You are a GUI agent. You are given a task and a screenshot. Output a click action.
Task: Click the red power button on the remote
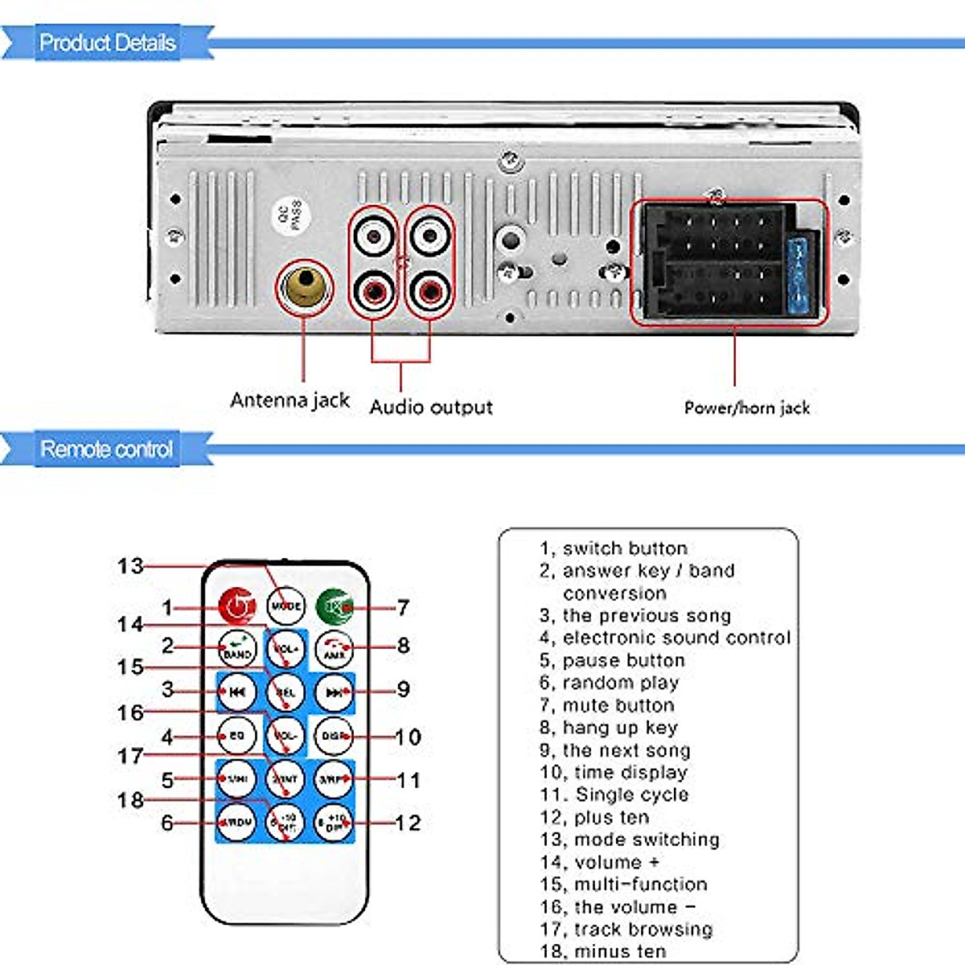236,606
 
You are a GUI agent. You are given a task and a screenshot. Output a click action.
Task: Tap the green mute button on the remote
334,606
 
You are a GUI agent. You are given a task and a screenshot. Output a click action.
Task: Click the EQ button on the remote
236,735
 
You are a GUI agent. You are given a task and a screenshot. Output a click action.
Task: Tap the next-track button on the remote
334,692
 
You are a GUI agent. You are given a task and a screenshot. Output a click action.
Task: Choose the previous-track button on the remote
236,692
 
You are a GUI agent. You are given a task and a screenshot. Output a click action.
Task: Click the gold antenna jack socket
304,285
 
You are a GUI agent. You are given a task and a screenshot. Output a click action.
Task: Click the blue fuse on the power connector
801,277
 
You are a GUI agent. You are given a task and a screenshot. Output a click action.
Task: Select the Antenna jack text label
289,400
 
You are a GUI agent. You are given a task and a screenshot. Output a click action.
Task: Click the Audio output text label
431,407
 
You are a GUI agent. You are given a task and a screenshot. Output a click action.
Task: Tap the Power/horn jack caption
746,408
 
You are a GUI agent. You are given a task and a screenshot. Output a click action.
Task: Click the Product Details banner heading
107,43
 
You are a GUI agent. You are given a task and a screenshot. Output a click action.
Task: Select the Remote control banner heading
106,449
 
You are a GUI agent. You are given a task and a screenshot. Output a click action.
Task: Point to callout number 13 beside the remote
129,566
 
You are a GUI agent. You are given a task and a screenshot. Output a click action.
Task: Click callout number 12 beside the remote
408,823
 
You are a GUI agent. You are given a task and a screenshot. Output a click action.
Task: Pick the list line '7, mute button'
607,705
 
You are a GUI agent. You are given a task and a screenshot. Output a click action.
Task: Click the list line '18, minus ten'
603,951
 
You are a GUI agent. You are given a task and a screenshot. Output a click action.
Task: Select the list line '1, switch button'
614,548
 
